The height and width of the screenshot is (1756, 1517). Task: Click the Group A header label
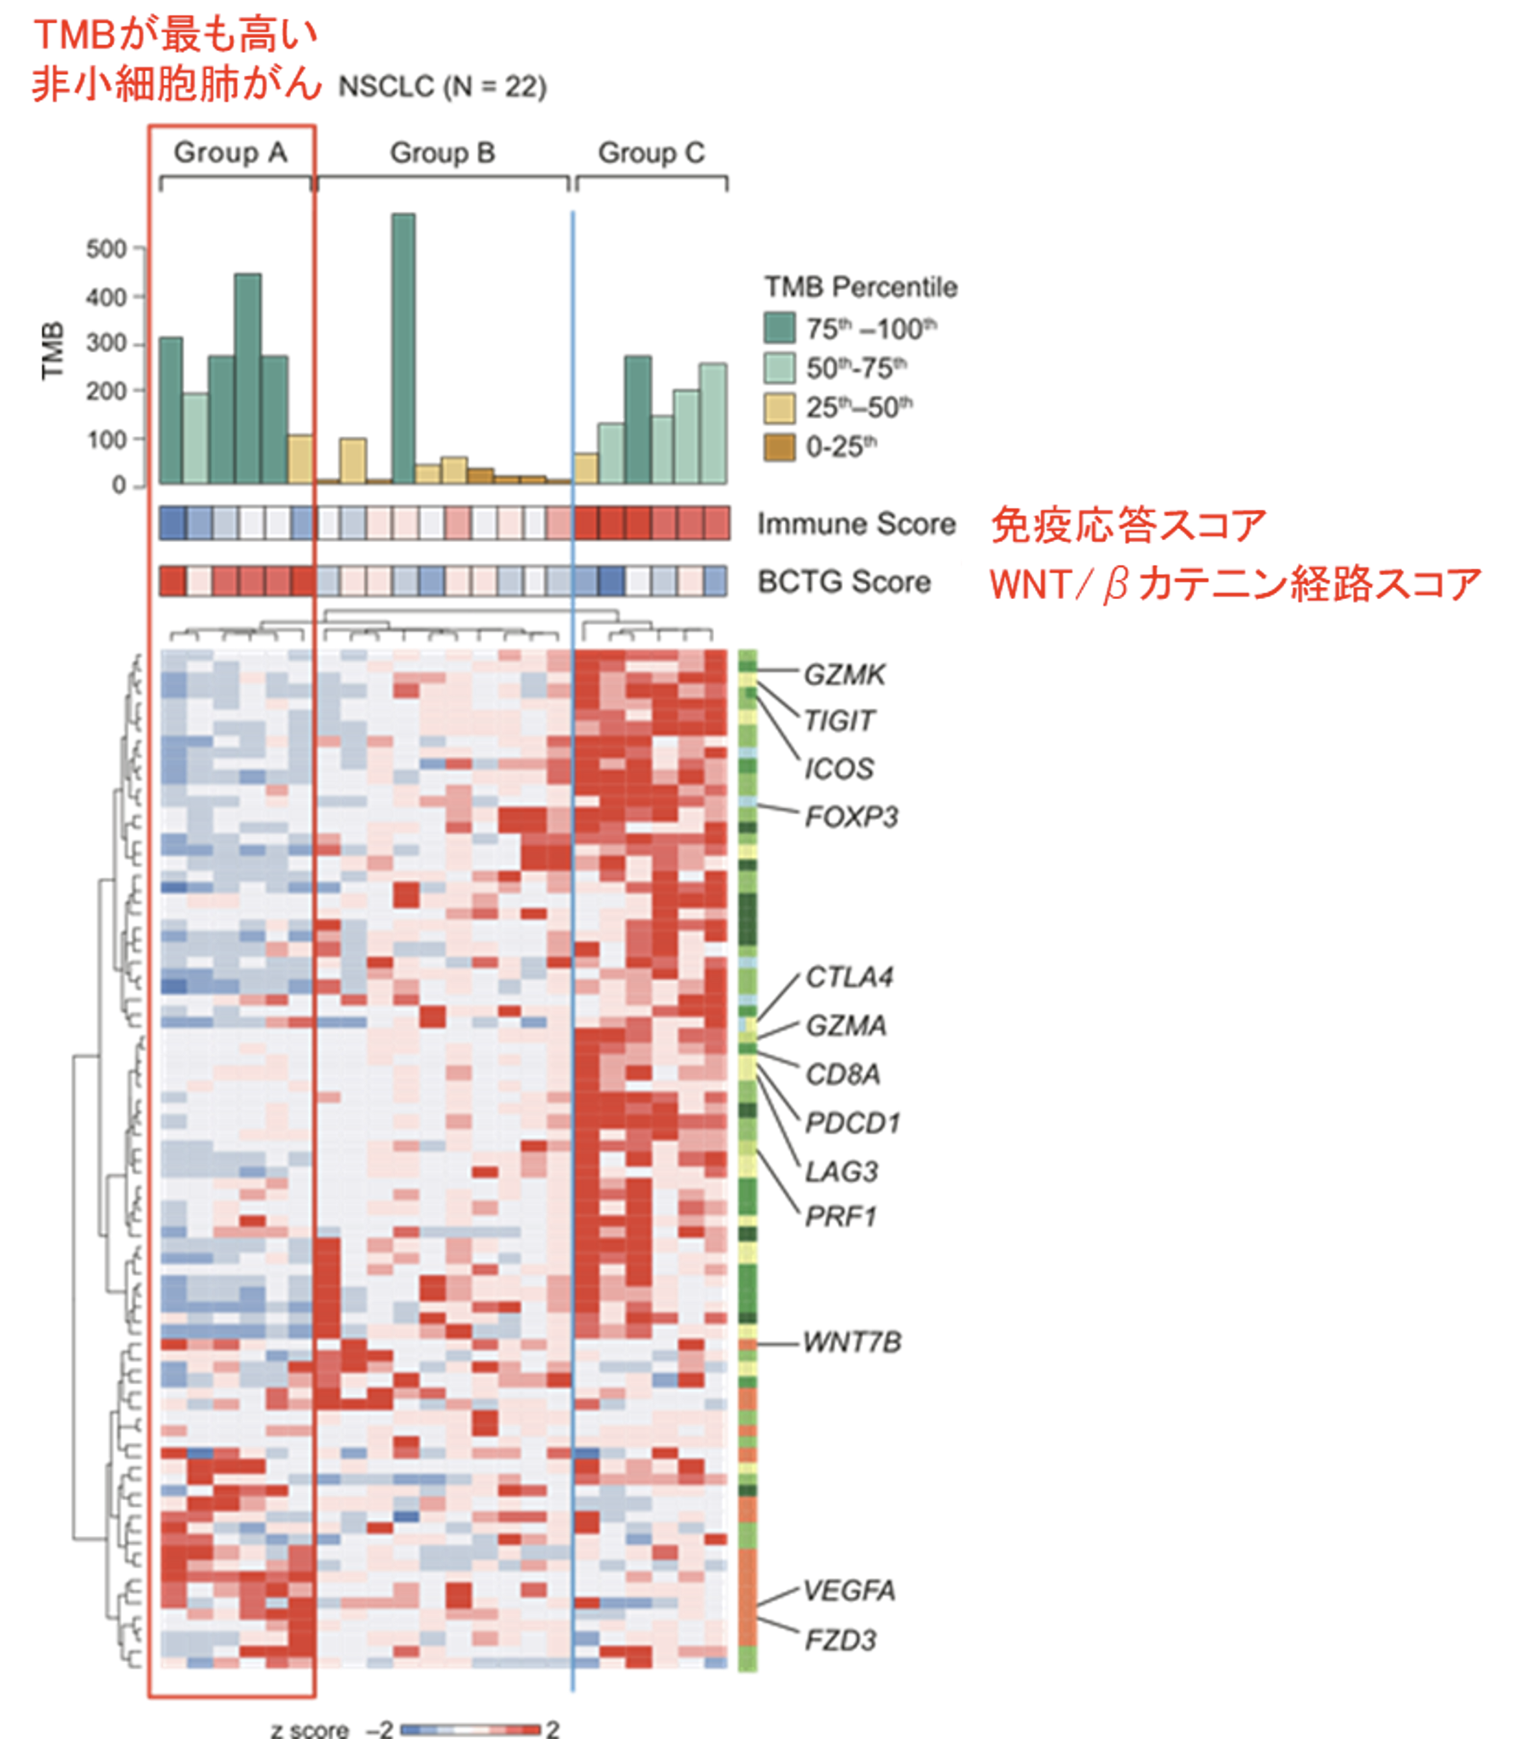[230, 153]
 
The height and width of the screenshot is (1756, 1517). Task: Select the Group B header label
[442, 153]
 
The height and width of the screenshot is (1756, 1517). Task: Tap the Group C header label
[651, 153]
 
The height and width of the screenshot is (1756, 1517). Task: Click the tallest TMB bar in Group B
[403, 348]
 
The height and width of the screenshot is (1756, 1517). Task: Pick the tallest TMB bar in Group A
[247, 378]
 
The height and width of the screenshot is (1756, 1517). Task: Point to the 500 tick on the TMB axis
[106, 249]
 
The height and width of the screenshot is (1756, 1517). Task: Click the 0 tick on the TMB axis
[119, 485]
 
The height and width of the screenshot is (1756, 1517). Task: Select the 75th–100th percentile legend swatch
[779, 329]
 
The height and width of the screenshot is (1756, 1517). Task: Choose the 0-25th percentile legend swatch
[779, 446]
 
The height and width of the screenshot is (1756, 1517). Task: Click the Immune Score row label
[856, 524]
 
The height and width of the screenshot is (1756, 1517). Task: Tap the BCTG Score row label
[844, 582]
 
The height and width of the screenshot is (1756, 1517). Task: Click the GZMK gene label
[845, 675]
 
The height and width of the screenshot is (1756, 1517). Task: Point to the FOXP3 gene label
[851, 817]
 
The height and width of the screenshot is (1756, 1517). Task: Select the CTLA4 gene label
[849, 977]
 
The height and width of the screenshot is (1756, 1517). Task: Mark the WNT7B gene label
[851, 1342]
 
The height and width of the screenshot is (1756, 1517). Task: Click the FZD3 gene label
[840, 1640]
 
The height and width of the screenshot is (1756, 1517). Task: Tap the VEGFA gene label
[849, 1590]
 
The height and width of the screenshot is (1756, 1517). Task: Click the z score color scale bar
[470, 1730]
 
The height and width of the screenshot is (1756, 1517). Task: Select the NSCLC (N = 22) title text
[442, 87]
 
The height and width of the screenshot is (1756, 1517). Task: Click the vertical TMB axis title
[53, 350]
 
